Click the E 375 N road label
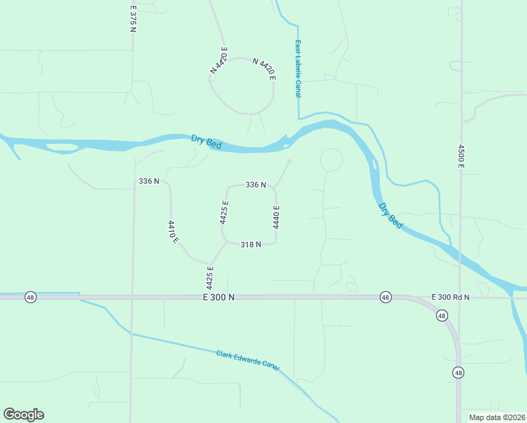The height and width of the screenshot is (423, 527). click(132, 19)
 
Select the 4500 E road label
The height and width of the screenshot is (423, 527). click(461, 157)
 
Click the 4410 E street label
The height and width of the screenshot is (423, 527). click(173, 232)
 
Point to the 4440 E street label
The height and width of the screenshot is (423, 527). click(276, 216)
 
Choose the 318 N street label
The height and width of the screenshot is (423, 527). click(251, 245)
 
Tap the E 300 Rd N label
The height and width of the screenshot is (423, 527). click(450, 298)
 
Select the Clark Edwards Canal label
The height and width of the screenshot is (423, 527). click(247, 358)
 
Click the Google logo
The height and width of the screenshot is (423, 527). click(23, 415)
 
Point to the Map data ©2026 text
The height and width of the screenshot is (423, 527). click(497, 417)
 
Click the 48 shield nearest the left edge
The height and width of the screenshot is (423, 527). click(30, 297)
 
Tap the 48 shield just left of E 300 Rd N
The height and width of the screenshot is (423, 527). click(385, 297)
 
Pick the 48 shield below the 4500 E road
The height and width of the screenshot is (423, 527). click(459, 372)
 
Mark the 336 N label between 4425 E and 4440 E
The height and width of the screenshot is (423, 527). click(255, 185)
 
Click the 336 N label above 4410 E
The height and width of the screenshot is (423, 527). click(149, 181)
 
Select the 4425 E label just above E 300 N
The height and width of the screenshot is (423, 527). click(210, 277)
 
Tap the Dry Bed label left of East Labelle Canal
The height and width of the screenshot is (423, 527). click(206, 142)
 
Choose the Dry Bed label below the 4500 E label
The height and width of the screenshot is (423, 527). click(390, 216)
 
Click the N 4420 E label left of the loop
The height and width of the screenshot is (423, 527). click(219, 64)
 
